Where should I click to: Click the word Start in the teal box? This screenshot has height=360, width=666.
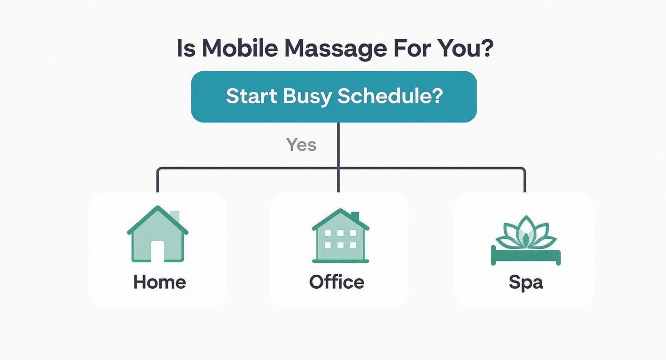[x=251, y=96]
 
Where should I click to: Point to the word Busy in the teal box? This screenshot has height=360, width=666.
[x=307, y=96]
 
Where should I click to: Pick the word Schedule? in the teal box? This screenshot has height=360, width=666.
[x=390, y=96]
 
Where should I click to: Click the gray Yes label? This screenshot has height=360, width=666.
[x=301, y=144]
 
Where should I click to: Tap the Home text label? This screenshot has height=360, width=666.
[x=159, y=282]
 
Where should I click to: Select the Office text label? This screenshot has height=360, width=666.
[x=337, y=282]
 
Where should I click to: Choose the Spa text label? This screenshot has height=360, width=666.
[x=526, y=282]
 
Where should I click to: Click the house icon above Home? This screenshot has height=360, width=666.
[x=157, y=234]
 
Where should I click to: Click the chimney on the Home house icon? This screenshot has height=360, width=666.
[x=175, y=216]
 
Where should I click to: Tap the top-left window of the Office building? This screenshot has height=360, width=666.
[x=328, y=233]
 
